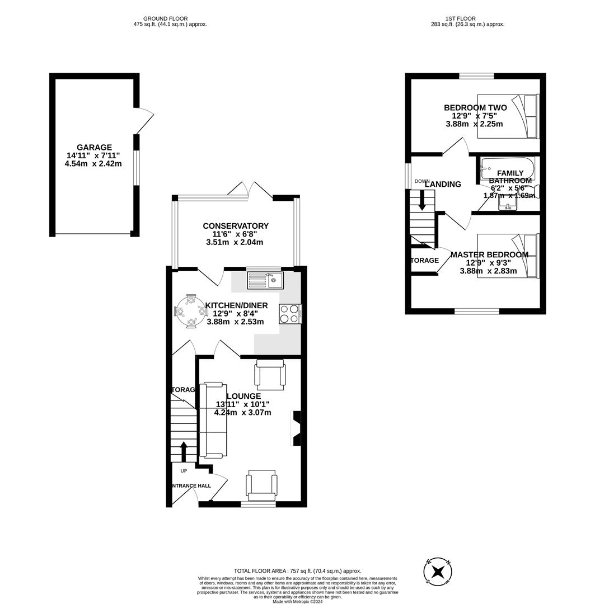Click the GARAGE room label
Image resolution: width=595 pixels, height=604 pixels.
[x=94, y=148]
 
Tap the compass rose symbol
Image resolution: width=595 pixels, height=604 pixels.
[x=438, y=572]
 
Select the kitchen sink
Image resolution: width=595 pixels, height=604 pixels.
[x=265, y=280]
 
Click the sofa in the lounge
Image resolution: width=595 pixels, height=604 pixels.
[x=213, y=419]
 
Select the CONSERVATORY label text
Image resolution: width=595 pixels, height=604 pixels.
[x=236, y=226]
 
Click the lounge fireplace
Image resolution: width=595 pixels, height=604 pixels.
[x=296, y=428]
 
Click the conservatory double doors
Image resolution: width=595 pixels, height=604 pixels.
[x=250, y=190]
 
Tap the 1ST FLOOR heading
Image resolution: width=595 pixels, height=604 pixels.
[x=457, y=18]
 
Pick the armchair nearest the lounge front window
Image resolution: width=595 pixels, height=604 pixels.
[x=261, y=485]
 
